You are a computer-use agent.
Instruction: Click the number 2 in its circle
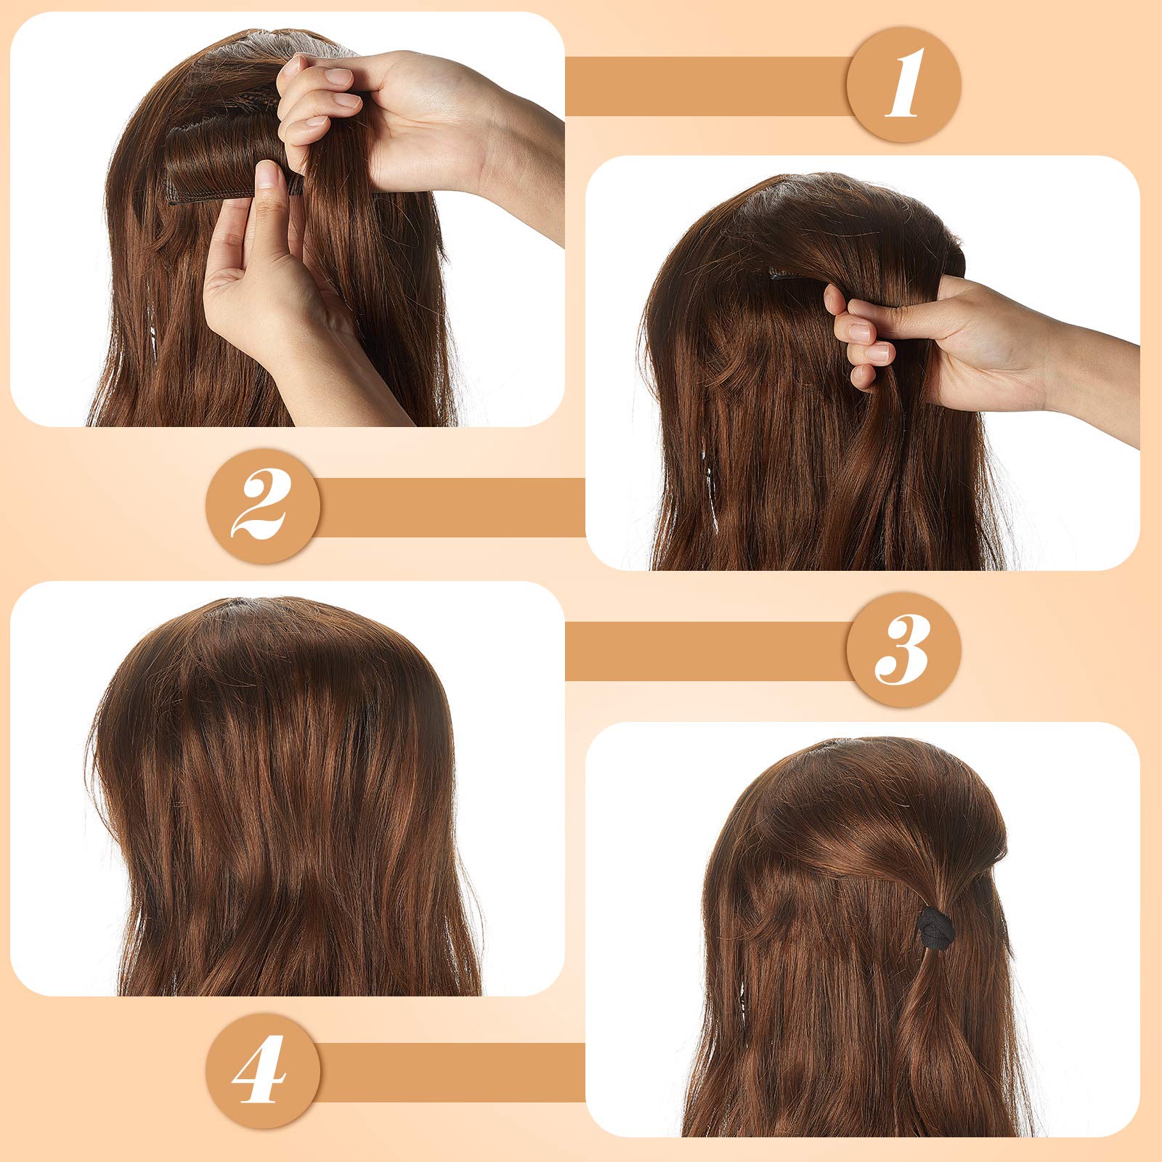[262, 505]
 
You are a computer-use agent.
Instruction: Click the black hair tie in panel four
[933, 929]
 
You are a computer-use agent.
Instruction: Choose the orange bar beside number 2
[450, 507]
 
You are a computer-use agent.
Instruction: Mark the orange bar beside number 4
[450, 1072]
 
